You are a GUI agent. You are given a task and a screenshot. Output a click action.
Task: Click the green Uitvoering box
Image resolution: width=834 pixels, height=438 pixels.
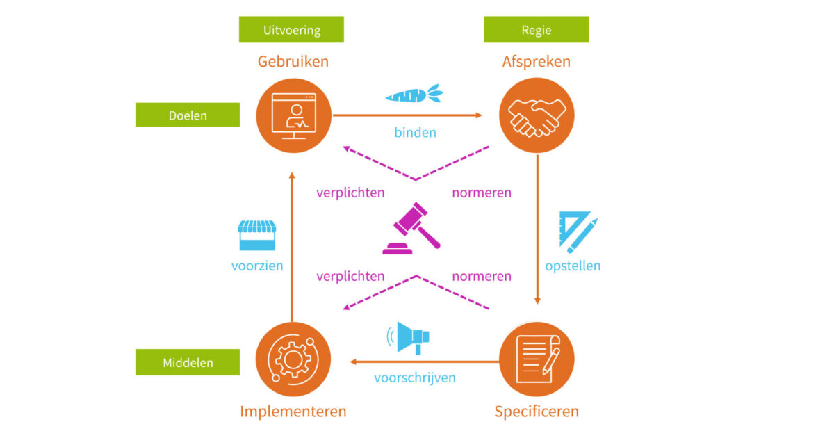[291, 30]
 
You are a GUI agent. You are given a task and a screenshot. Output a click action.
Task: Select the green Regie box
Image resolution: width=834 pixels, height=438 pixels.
[536, 30]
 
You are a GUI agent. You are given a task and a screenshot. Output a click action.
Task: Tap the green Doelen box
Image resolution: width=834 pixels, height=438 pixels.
[188, 115]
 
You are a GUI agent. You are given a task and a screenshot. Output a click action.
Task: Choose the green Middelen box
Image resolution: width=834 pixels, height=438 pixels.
[188, 362]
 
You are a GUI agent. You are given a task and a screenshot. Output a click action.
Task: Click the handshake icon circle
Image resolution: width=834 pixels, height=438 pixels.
[537, 115]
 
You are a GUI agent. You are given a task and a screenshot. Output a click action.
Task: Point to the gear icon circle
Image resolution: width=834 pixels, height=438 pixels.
[293, 359]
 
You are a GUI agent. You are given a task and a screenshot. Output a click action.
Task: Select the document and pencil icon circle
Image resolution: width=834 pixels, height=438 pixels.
[537, 359]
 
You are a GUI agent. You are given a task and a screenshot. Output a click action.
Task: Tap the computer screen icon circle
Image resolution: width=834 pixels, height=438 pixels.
[293, 115]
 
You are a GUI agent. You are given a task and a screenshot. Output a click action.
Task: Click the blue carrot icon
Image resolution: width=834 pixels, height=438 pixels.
[414, 94]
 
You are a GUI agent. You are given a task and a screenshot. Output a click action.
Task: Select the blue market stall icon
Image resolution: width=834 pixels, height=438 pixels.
[256, 236]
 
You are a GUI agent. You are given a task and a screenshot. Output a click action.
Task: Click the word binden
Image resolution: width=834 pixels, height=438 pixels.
[415, 132]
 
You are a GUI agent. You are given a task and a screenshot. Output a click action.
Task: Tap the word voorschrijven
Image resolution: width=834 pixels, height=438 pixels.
[415, 378]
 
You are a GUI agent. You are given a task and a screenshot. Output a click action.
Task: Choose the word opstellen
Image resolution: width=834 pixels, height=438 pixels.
[573, 266]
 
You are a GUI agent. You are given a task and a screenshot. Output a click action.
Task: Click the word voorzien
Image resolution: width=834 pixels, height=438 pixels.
[257, 266]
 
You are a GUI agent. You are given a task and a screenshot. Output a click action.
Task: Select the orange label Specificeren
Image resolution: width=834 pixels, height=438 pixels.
[537, 411]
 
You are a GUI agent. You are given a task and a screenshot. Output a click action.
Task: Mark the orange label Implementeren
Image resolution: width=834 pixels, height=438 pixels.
[293, 411]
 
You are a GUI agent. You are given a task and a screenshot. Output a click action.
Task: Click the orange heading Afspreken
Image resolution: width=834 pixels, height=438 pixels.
[537, 62]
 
